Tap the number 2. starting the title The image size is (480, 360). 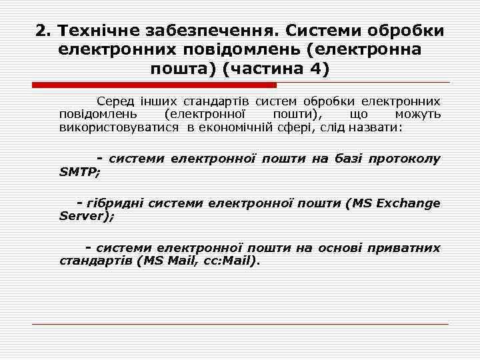coord(43,31)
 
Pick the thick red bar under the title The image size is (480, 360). coord(155,85)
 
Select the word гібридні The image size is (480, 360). coord(118,203)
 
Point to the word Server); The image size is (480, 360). coord(87,216)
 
